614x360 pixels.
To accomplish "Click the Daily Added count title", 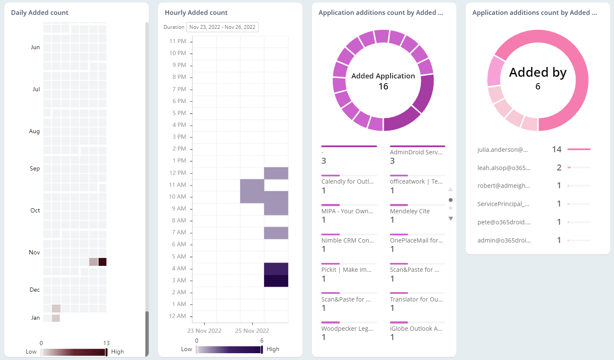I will point(39,13).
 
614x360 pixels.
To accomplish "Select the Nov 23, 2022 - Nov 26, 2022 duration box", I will point(222,27).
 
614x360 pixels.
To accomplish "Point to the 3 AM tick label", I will point(179,280).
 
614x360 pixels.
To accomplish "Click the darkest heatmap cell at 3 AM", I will point(276,281).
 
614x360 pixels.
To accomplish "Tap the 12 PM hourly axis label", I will point(178,173).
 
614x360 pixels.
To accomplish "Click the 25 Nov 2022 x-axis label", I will point(252,331).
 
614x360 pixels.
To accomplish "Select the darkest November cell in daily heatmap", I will point(102,262).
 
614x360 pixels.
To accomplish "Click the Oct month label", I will point(35,210).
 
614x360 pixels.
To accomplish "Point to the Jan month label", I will point(36,318).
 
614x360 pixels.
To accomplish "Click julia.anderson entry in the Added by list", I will point(503,150).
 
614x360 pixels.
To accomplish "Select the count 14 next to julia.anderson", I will point(556,149).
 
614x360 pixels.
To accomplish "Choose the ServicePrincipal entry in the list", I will point(503,204).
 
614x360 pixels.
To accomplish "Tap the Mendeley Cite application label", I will point(410,211).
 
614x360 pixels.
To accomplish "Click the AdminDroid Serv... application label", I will point(416,152).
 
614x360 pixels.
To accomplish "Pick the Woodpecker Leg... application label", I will point(347,329).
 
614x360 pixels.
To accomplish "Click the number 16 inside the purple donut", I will point(383,87).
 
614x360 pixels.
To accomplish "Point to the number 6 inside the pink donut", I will point(538,87).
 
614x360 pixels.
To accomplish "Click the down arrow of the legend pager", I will point(450,219).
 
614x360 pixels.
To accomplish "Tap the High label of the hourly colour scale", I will point(273,349).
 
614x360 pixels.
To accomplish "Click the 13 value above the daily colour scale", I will point(106,343).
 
